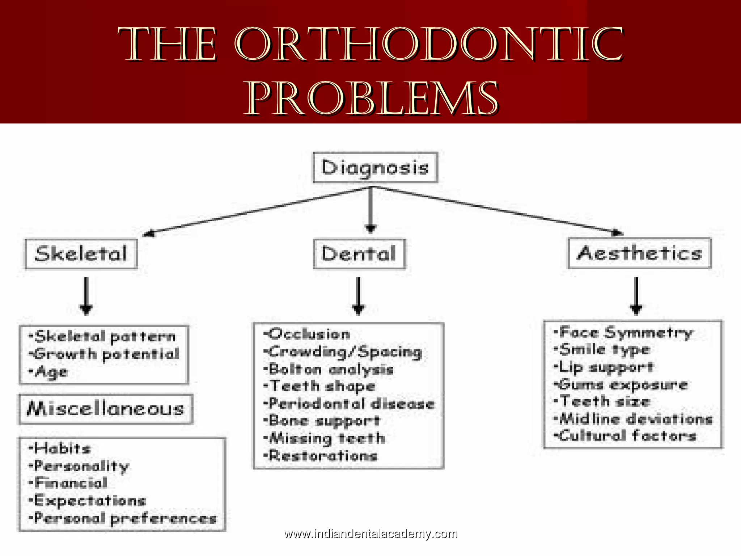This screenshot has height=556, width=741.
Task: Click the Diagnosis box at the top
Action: coord(375,168)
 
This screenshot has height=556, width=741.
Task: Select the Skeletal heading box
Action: coord(81,254)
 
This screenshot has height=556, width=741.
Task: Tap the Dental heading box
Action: coord(359,254)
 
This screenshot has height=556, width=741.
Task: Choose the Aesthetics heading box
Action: coord(639,253)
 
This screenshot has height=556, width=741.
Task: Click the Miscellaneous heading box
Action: coord(106,409)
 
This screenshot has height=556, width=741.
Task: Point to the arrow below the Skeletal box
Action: coord(86,296)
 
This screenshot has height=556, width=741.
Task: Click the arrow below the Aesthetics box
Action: coord(636,296)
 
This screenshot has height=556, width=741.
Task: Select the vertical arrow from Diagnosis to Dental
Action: coord(370,210)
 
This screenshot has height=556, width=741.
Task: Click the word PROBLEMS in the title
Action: coord(373,98)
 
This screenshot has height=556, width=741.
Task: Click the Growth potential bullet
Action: coord(105,354)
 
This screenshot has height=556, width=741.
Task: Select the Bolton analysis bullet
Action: coord(329,370)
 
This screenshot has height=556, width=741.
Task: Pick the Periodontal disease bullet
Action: coord(350,404)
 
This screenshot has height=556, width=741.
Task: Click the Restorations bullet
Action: coord(321,456)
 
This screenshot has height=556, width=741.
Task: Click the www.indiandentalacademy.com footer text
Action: coord(371,534)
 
